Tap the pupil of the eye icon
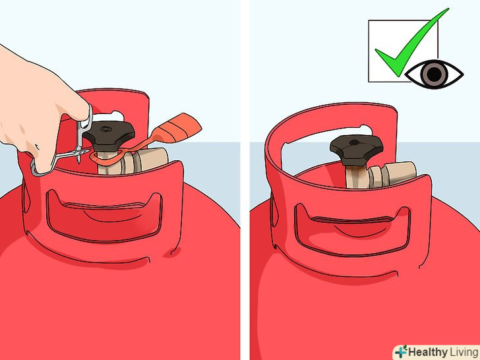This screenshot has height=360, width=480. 435,74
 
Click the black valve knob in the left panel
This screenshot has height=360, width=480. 109,135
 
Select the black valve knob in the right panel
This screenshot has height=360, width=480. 356,149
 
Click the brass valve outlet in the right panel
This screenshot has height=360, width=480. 395,175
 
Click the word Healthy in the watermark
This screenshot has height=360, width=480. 428,351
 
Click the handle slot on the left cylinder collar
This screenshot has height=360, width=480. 104,215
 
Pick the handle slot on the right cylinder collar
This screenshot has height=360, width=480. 352,229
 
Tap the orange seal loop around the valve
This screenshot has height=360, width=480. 107,158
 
